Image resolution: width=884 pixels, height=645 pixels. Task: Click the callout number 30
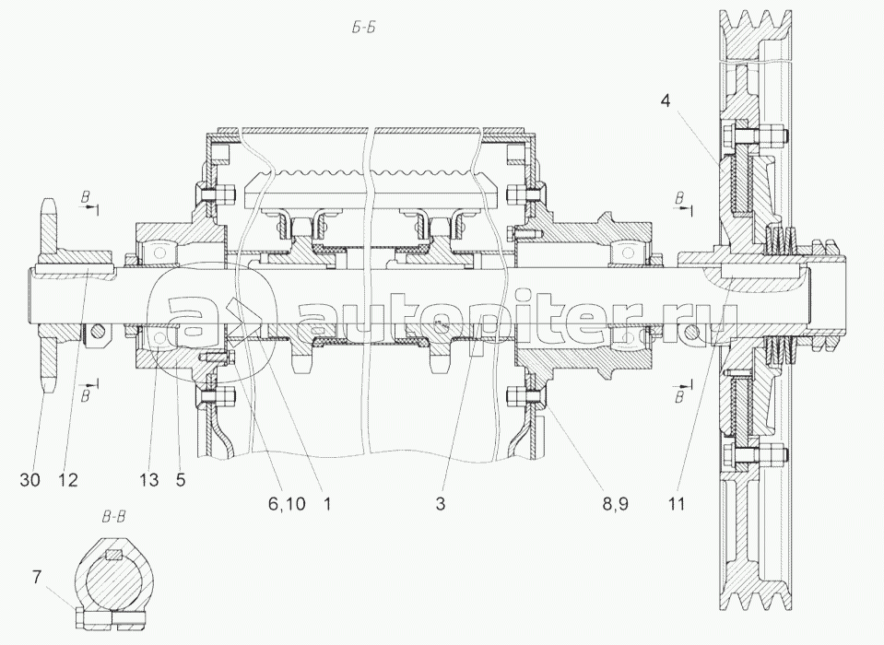click(x=29, y=480)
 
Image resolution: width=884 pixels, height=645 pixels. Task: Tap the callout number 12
click(x=67, y=480)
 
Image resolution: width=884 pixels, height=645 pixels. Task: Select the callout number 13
click(x=149, y=480)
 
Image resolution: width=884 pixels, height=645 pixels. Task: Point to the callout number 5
click(x=181, y=480)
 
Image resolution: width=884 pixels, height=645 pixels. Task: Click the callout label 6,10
click(x=287, y=503)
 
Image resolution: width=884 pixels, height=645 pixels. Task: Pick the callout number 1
click(x=327, y=503)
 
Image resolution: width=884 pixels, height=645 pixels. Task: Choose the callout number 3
click(x=441, y=503)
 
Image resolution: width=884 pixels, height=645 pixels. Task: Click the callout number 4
click(x=666, y=102)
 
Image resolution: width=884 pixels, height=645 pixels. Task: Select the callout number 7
click(x=37, y=578)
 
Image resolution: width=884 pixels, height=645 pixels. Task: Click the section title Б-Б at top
click(x=363, y=28)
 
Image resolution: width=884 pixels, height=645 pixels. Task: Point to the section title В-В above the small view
click(x=113, y=517)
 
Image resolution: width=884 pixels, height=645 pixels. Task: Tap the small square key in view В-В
click(x=114, y=555)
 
